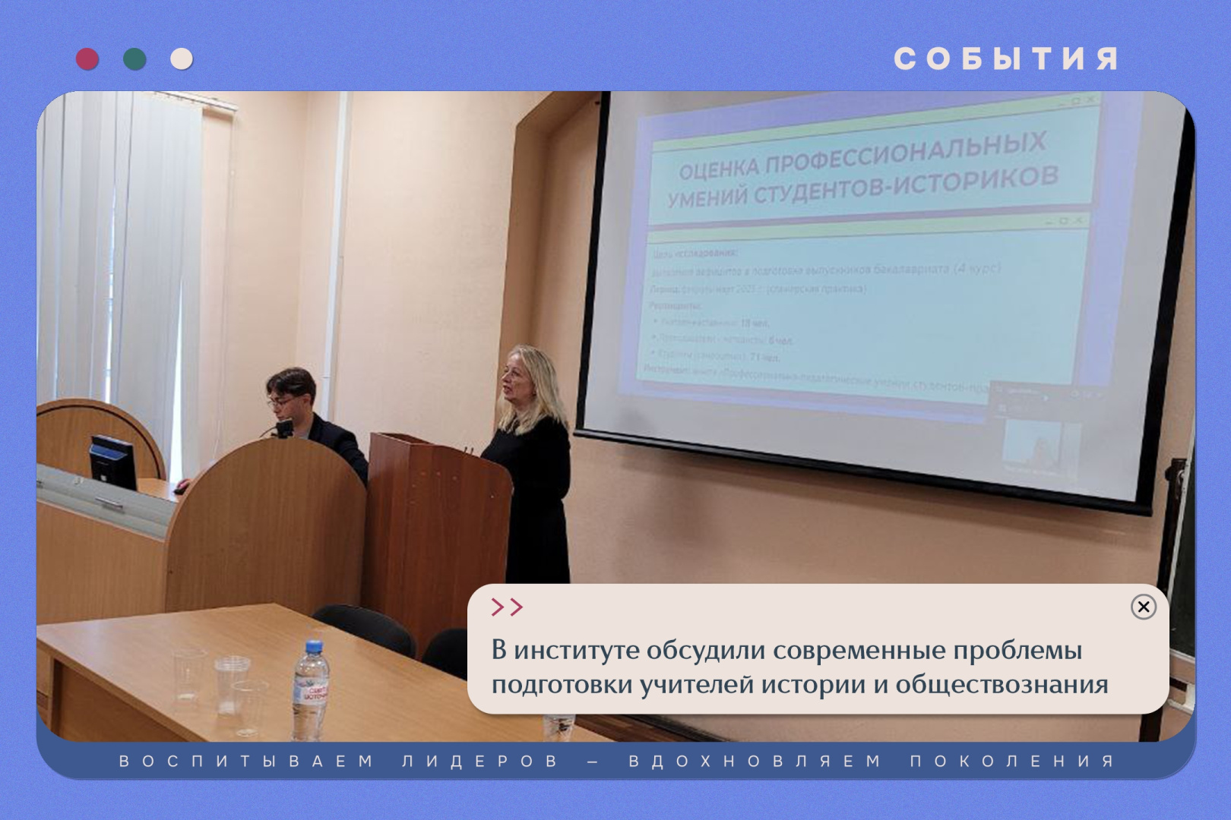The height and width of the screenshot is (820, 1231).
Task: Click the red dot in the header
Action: [87, 59]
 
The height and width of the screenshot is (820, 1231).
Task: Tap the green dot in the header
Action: [134, 59]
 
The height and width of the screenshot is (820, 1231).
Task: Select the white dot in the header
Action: [182, 59]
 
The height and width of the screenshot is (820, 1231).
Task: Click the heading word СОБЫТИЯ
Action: [1005, 59]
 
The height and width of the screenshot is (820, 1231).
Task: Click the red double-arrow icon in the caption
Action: [507, 607]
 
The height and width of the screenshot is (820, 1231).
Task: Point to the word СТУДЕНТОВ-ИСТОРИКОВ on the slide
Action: [905, 184]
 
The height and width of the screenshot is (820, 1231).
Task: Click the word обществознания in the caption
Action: [1001, 685]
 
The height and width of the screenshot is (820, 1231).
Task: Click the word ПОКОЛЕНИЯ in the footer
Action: [1012, 761]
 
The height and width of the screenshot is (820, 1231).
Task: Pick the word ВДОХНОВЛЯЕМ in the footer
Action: [755, 761]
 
